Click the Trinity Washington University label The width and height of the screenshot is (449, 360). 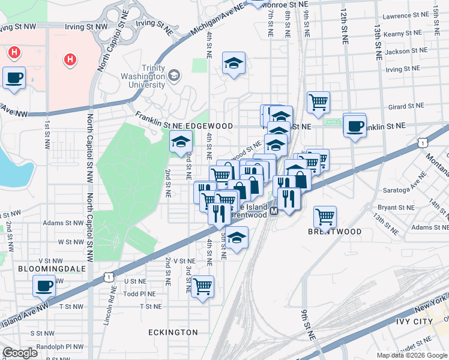(144, 76)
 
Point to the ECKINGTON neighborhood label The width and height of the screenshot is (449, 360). (173, 332)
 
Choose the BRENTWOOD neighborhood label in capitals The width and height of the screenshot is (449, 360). (335, 232)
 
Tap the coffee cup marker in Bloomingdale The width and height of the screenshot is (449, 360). (44, 286)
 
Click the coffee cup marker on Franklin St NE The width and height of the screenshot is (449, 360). (355, 126)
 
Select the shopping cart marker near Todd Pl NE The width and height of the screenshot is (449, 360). (203, 286)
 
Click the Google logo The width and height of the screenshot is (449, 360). (20, 353)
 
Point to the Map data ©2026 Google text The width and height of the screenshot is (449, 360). (412, 355)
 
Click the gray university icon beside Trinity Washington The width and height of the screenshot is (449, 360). (174, 76)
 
